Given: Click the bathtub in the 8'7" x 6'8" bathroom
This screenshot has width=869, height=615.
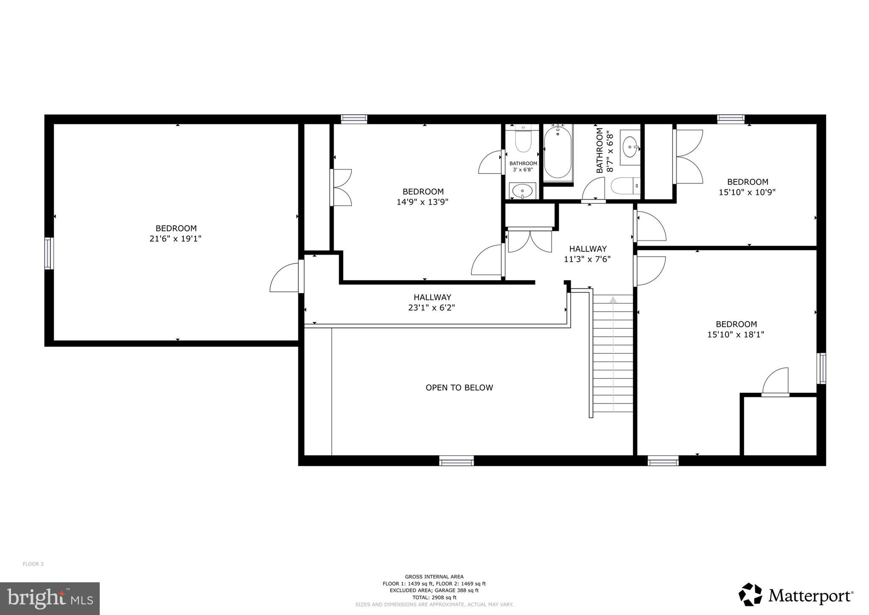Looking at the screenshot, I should [x=558, y=155].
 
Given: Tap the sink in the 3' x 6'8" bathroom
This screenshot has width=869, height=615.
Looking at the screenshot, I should [x=522, y=191].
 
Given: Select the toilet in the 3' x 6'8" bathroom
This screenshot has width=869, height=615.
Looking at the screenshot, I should [x=522, y=141].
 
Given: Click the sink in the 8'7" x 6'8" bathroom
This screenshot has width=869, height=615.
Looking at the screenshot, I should [x=630, y=147].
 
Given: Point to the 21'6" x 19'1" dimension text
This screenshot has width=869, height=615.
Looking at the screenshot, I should [x=175, y=239].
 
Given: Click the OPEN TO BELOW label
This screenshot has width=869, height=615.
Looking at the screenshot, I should [x=459, y=388].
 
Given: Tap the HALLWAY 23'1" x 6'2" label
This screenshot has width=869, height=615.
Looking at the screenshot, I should [x=432, y=302].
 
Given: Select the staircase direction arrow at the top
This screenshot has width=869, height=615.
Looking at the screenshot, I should [x=613, y=300].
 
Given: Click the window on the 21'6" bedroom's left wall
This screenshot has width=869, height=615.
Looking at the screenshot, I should [x=49, y=253].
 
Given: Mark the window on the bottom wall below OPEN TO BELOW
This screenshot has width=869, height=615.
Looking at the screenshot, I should [x=456, y=461].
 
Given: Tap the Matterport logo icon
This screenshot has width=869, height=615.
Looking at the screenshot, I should [x=750, y=595].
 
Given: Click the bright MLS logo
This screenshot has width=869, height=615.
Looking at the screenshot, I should [x=50, y=598].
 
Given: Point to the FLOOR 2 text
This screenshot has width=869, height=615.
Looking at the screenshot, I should [x=33, y=564].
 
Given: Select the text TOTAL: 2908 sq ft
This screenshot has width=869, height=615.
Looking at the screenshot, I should [x=434, y=597].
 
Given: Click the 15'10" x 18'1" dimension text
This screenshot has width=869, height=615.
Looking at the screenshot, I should [x=735, y=335].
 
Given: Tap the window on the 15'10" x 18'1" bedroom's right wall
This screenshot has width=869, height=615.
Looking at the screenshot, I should [x=822, y=368].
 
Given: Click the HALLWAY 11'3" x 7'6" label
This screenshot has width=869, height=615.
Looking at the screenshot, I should [x=587, y=254].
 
